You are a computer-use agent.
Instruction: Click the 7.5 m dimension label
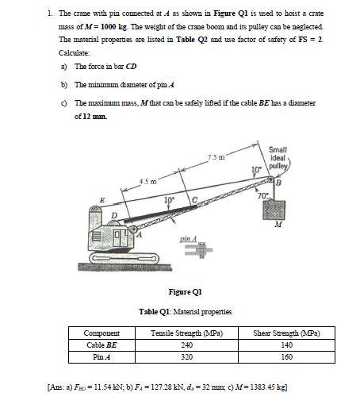(209, 158)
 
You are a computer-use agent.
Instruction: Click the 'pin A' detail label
(188, 237)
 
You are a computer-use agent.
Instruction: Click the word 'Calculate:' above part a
(73, 52)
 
